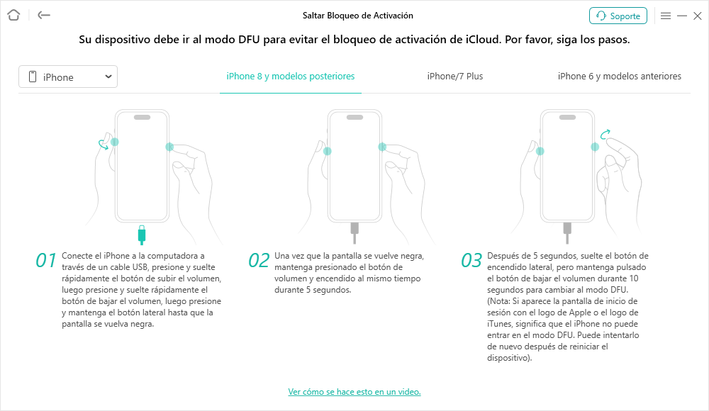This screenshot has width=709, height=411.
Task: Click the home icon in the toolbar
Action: click(13, 15)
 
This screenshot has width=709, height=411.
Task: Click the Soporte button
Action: click(618, 16)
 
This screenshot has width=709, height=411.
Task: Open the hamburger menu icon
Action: click(666, 16)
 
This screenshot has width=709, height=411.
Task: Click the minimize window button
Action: click(682, 16)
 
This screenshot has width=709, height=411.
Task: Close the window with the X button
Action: click(698, 16)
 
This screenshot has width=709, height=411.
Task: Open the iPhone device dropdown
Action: click(68, 77)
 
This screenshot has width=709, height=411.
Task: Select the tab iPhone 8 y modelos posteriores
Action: click(290, 76)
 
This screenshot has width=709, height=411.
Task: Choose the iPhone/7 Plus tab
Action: click(455, 76)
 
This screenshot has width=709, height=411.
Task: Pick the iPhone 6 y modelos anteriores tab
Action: click(620, 76)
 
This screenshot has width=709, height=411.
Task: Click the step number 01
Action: click(45, 261)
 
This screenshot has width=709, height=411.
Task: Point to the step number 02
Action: click(259, 261)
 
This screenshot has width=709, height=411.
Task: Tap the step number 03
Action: click(471, 261)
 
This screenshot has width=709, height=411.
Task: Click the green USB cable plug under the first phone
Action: click(142, 235)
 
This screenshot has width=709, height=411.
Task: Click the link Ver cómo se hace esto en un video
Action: click(354, 392)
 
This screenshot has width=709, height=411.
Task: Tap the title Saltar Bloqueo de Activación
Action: click(357, 16)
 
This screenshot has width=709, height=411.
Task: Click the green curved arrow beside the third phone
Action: click(605, 134)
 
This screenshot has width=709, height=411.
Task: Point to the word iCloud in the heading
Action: click(482, 40)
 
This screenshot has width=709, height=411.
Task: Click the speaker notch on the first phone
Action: click(142, 117)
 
